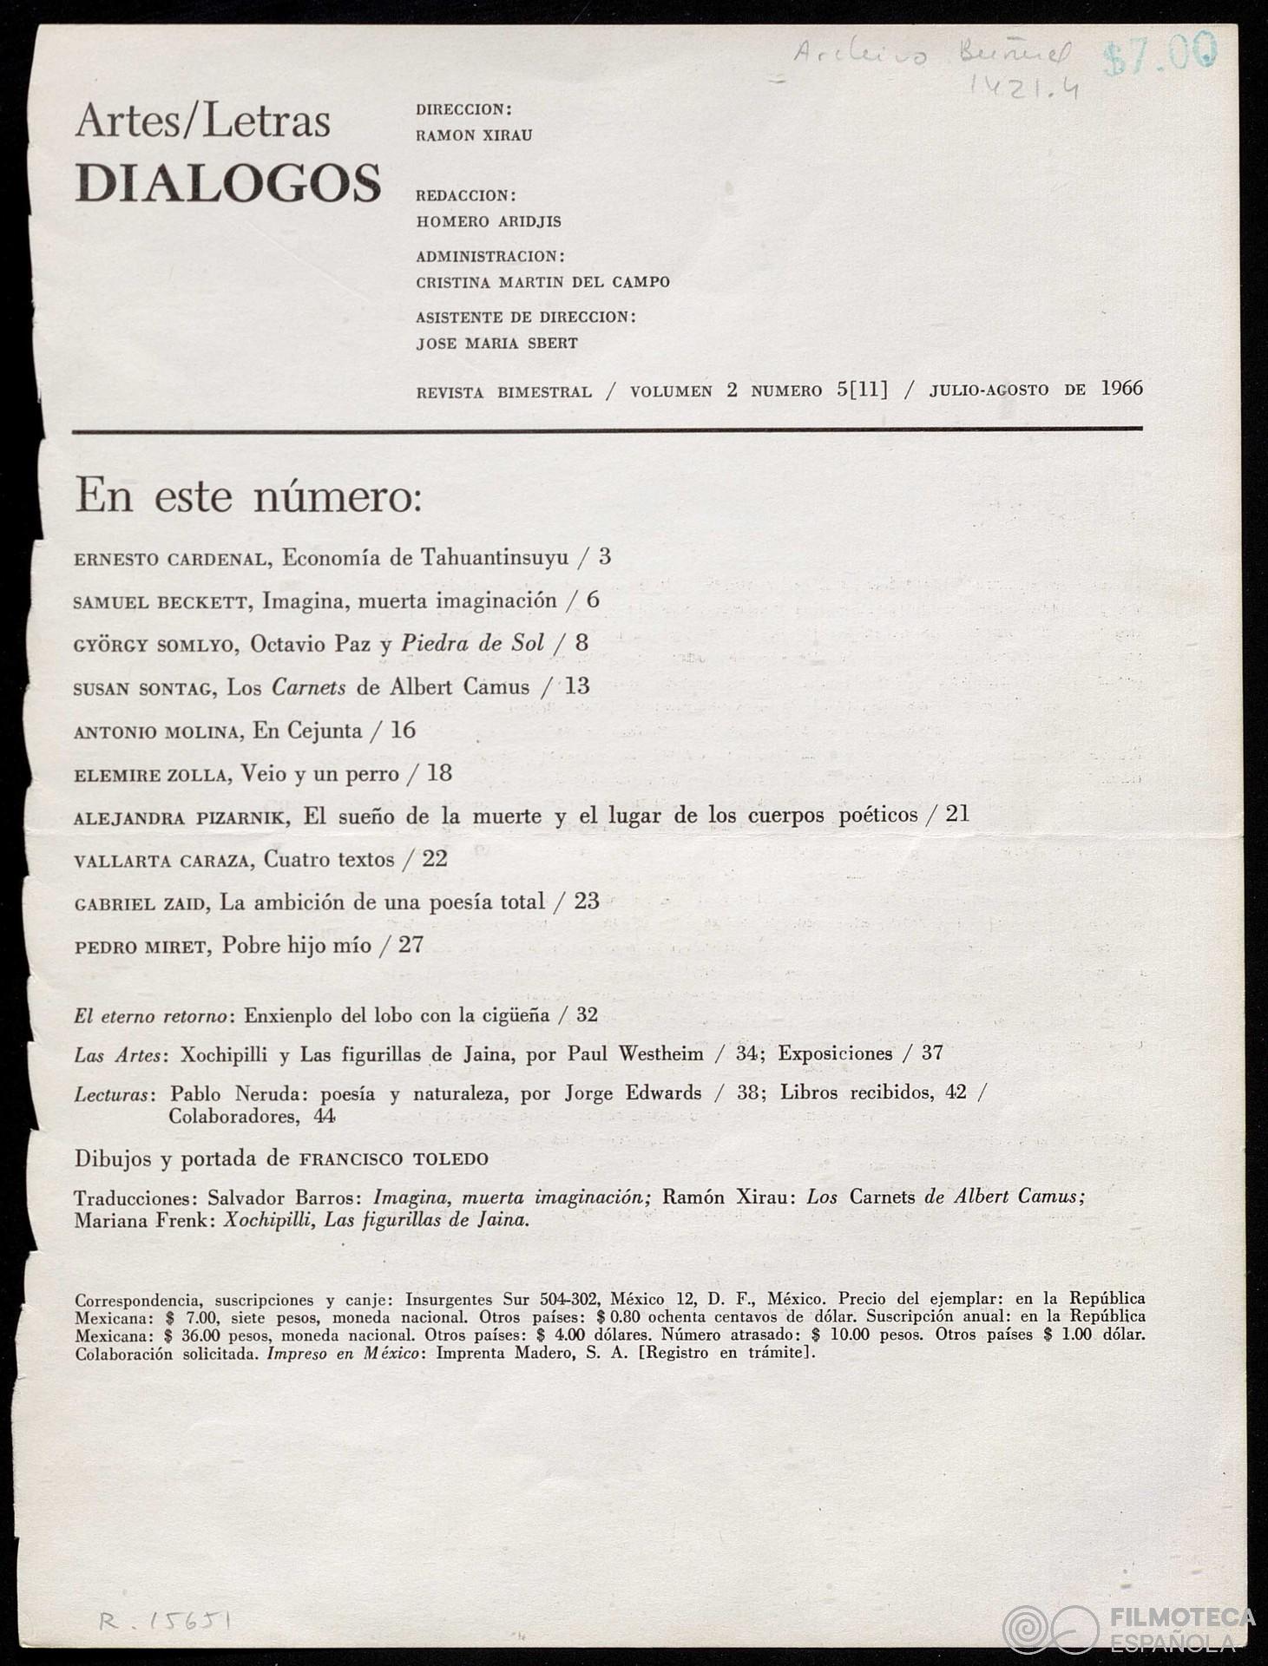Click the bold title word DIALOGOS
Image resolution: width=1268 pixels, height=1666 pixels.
(227, 183)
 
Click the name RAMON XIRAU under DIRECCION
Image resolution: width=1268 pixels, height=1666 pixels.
(474, 136)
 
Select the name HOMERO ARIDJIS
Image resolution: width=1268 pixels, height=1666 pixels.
(489, 222)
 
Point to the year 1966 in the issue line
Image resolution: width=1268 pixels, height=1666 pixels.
(1121, 389)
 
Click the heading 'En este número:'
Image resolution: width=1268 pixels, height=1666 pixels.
(248, 497)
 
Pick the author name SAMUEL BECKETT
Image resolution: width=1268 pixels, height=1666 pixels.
(161, 602)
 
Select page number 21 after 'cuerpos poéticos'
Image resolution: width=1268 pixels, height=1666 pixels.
(957, 815)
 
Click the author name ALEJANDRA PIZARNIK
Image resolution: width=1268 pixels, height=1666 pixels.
(185, 818)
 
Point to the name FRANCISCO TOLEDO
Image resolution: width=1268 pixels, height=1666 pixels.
(393, 1159)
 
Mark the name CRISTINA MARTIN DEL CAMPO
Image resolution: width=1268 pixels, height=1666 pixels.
(542, 283)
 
